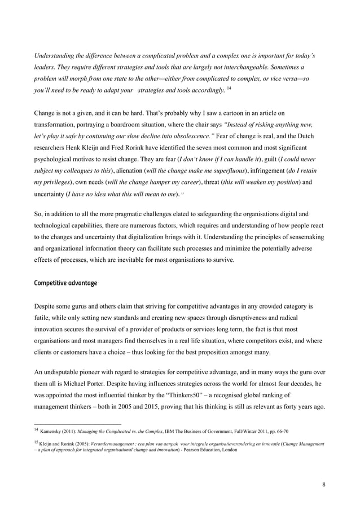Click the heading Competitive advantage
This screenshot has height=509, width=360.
(66, 283)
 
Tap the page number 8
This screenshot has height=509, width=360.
(323, 484)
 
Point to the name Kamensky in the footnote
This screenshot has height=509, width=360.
(55, 431)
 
